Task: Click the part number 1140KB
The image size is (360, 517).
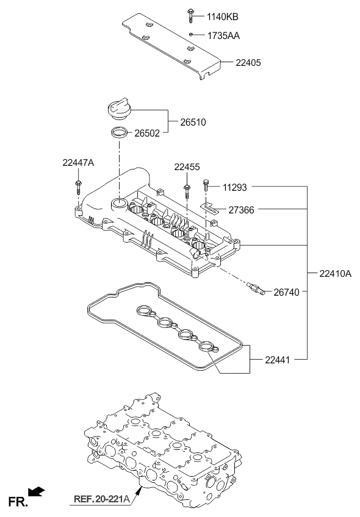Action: point(222,17)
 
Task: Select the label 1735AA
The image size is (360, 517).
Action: point(223,35)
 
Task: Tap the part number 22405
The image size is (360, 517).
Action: point(248,63)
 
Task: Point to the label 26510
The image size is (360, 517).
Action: point(193,123)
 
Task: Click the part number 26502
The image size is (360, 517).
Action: point(147,133)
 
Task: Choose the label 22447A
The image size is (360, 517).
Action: point(78,163)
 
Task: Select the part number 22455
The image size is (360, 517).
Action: point(187,167)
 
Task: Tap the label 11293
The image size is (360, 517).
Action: point(235,188)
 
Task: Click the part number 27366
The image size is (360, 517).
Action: point(241,210)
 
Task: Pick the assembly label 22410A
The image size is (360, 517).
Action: point(335,273)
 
